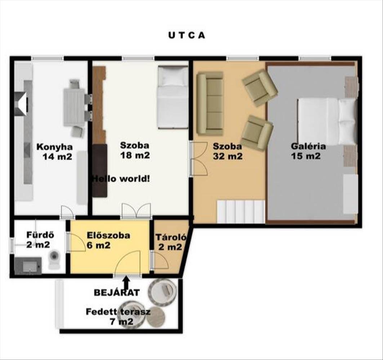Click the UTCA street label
coord(187,35)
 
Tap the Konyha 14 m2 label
coord(55,152)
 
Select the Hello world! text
coord(121,179)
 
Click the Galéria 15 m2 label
coord(308,151)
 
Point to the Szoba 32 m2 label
coord(227,151)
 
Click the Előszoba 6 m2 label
coord(108,240)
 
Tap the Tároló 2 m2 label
coord(171,242)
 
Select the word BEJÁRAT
coord(117,292)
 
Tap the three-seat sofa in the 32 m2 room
coord(210,103)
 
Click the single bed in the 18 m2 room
coord(173,97)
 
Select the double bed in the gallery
coord(326,122)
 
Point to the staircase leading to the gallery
coord(241,211)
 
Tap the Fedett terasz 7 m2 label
coord(118,316)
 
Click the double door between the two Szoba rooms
coord(198,158)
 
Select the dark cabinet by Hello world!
coord(100,170)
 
